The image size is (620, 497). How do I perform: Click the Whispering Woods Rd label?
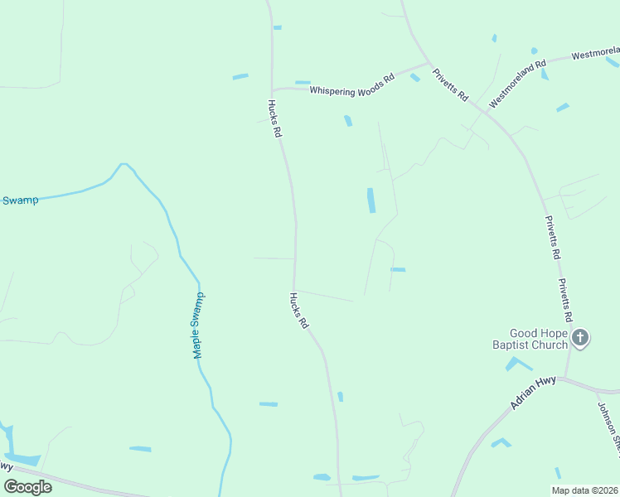tap(352, 86)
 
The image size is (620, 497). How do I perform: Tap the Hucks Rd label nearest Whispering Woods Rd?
tap(275, 118)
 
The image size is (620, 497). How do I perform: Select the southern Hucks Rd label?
tap(298, 311)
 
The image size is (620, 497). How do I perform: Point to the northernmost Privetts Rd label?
tap(451, 84)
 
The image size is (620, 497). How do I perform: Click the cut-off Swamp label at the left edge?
tap(19, 200)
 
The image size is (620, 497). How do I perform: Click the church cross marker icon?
tap(580, 337)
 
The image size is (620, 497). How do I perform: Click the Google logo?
tap(27, 487)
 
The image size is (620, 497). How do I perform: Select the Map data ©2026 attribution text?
tap(584, 490)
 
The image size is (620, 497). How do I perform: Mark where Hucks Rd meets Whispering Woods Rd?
tap(272, 89)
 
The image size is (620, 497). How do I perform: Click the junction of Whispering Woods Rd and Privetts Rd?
tap(429, 63)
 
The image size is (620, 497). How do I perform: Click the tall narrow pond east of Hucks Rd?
tap(371, 200)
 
